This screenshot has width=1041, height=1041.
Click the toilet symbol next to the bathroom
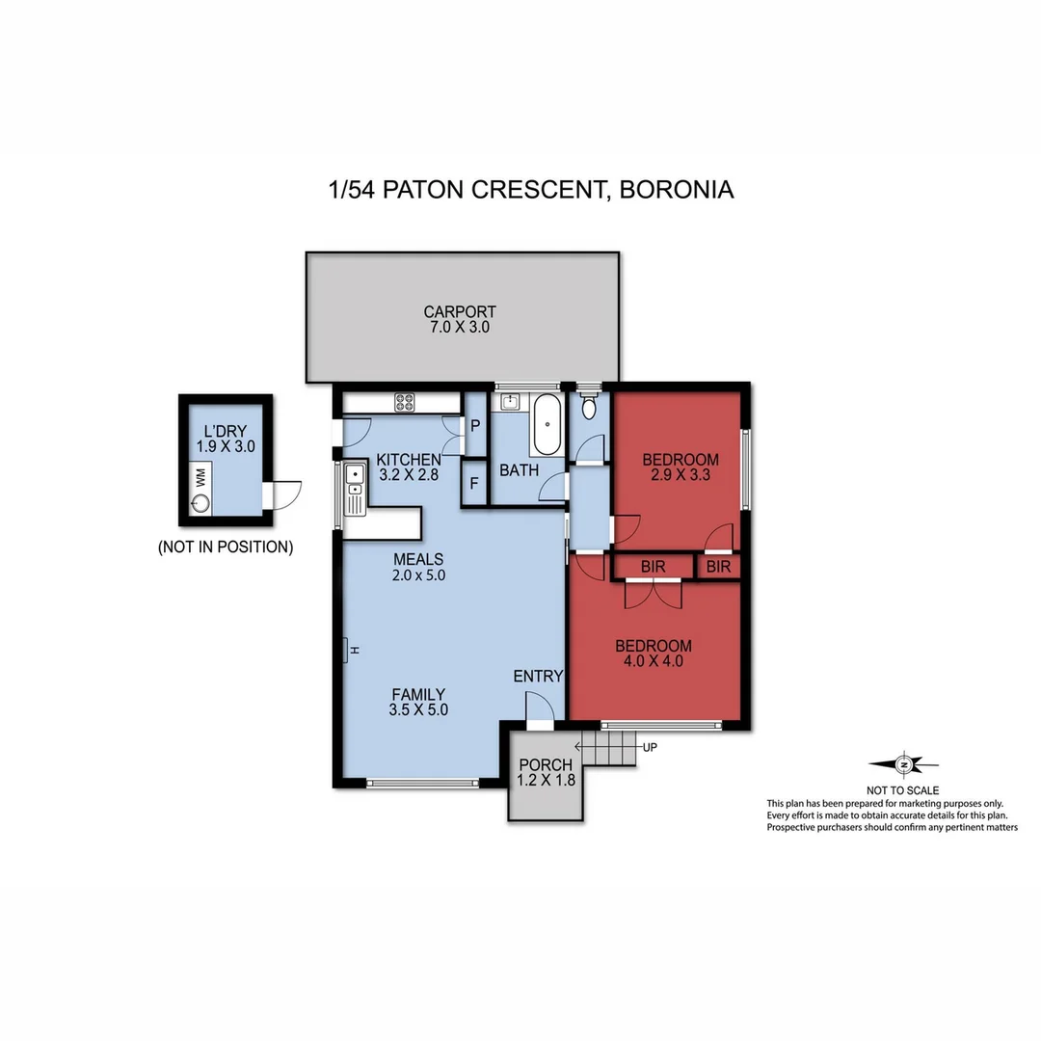589,408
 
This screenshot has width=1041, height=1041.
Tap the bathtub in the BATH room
547,424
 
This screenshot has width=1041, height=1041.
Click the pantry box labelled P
475,424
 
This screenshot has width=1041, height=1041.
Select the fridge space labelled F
474,484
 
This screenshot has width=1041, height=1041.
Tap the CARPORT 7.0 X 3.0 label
460,319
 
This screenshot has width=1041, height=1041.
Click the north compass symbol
904,764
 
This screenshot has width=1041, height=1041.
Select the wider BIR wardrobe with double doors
653,567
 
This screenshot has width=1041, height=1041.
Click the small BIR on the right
718,567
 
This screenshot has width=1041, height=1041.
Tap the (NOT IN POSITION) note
226,547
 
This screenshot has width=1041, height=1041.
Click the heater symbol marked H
348,651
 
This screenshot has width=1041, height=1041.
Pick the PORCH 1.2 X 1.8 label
546,773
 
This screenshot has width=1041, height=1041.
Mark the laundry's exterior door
284,494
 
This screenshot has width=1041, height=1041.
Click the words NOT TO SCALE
904,789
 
